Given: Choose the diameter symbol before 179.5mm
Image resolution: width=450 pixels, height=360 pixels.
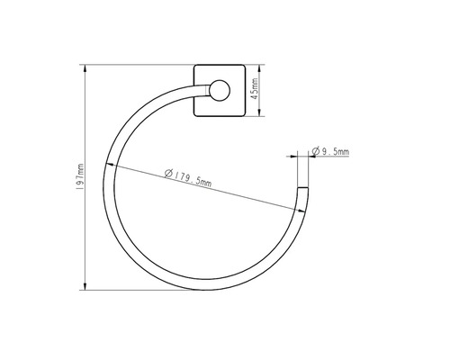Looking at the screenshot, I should pos(170,174).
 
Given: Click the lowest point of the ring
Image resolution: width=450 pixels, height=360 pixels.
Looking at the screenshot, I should pos(205,288).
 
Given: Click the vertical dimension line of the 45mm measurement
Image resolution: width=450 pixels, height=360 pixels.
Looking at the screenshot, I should pos(261,90).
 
